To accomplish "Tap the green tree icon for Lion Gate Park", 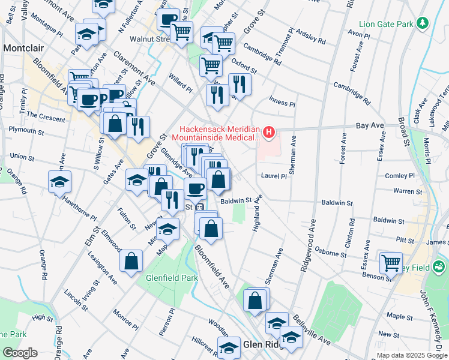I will [423, 24].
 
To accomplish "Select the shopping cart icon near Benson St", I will [391, 262].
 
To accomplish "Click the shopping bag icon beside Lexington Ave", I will [131, 261].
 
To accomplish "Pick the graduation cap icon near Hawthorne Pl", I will [59, 181].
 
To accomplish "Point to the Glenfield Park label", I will [172, 278].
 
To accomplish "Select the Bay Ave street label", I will [369, 126].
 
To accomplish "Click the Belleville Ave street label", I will [311, 331].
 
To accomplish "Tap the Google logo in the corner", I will [19, 353].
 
